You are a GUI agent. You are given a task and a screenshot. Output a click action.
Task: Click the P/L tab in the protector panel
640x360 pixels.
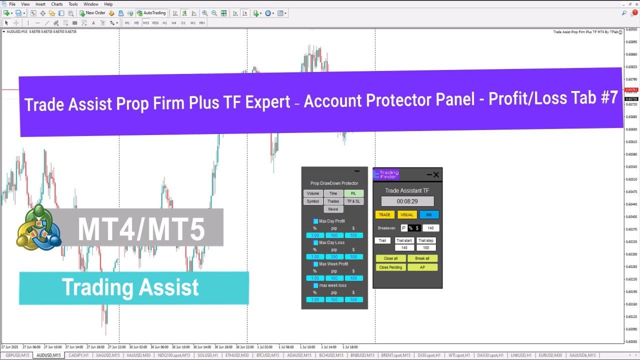(353, 193)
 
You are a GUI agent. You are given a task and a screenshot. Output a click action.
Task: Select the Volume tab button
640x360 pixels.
(313, 193)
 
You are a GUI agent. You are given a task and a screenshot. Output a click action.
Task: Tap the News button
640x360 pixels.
(333, 209)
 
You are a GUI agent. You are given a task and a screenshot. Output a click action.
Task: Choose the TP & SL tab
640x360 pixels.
(353, 201)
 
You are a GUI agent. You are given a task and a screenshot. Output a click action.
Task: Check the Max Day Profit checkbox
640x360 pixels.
(315, 221)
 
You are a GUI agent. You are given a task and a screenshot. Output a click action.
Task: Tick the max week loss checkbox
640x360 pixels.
(315, 285)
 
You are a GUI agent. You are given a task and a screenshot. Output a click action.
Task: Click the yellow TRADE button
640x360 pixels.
(384, 215)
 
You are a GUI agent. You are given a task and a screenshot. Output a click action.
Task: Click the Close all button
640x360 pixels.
(391, 258)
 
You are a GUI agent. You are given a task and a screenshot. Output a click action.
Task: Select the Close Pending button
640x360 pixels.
(391, 267)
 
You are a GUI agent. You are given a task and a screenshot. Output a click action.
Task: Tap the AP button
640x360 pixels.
(422, 267)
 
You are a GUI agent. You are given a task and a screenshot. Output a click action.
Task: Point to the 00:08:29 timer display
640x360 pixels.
(407, 201)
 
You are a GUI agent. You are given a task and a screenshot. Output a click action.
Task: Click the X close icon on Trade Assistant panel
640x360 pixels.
(436, 174)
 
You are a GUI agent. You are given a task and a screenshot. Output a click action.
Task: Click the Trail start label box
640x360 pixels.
(404, 240)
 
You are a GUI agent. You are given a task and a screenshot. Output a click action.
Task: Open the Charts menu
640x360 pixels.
(57, 4)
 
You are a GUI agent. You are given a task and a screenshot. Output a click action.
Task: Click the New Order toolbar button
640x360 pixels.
(92, 13)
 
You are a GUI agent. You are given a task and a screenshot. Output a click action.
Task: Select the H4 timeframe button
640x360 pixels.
(174, 23)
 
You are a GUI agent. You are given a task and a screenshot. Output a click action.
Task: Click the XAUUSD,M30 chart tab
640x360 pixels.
(138, 355)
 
